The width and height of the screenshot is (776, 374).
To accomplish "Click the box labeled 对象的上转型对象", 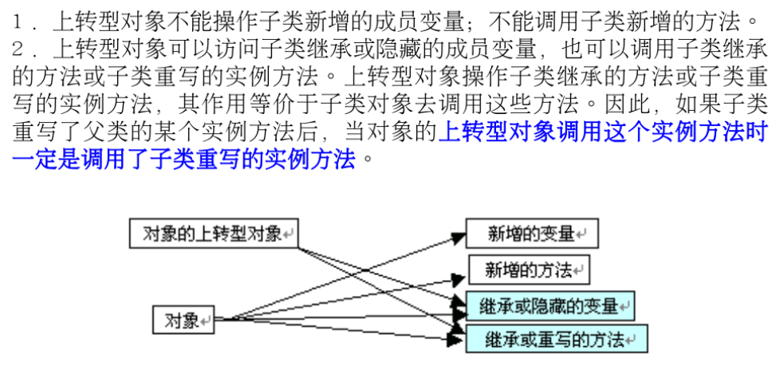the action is pyautogui.click(x=215, y=233).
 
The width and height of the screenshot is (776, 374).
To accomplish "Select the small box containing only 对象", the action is pyautogui.click(x=183, y=320).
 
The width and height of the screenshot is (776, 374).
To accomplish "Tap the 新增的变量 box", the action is pyautogui.click(x=531, y=233).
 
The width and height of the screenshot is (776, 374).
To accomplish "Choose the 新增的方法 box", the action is pyautogui.click(x=529, y=270).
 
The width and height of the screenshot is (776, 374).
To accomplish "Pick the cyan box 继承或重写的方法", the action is pyautogui.click(x=556, y=339).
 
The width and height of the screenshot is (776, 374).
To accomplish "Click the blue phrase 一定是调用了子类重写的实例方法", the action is pyautogui.click(x=183, y=158).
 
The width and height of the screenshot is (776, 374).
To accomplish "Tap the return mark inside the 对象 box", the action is pyautogui.click(x=207, y=321).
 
